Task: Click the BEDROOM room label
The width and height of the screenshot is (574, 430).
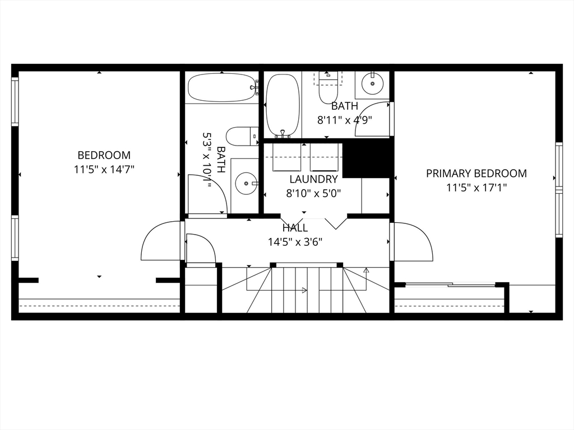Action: click(x=104, y=155)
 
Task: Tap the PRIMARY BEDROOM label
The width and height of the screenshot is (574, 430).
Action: click(x=476, y=174)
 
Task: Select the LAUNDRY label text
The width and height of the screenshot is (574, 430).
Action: click(x=313, y=179)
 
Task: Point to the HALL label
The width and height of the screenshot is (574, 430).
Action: click(x=295, y=228)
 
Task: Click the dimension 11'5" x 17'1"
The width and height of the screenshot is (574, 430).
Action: click(x=476, y=188)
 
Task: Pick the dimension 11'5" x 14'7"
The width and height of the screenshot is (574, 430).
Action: click(x=104, y=170)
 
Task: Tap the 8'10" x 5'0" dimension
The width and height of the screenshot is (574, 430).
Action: click(x=313, y=193)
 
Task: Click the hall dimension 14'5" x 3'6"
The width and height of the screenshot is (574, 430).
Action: click(x=295, y=242)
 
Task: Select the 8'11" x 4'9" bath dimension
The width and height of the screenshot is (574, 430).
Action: click(x=345, y=120)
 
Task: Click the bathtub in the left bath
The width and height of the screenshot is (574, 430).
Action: click(x=222, y=88)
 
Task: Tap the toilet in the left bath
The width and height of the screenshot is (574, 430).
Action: click(x=242, y=137)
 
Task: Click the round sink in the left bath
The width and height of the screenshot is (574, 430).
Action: click(x=247, y=183)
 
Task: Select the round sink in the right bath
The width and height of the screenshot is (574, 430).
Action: click(x=373, y=83)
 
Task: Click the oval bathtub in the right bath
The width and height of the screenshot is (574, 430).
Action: click(x=283, y=106)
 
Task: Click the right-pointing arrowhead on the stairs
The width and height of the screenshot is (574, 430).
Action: click(x=304, y=291)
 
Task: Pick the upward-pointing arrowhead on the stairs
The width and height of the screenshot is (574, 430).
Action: click(x=366, y=270)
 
